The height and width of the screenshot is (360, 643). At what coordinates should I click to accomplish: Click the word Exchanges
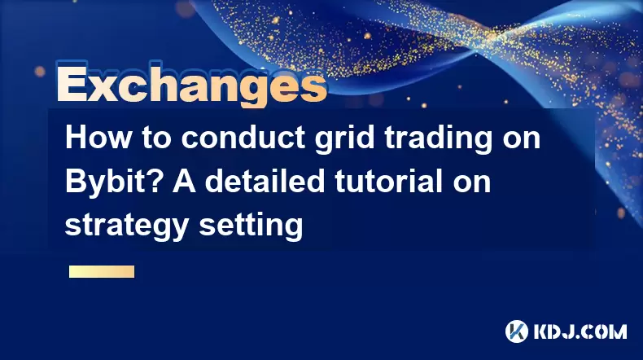(x=191, y=86)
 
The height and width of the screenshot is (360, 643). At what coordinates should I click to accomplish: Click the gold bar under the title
(x=102, y=272)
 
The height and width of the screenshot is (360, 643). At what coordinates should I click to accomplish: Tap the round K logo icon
(x=517, y=331)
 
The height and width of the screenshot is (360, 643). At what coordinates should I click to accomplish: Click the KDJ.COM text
(x=580, y=331)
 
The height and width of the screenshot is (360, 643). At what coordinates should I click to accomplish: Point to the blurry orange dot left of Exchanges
(x=40, y=72)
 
